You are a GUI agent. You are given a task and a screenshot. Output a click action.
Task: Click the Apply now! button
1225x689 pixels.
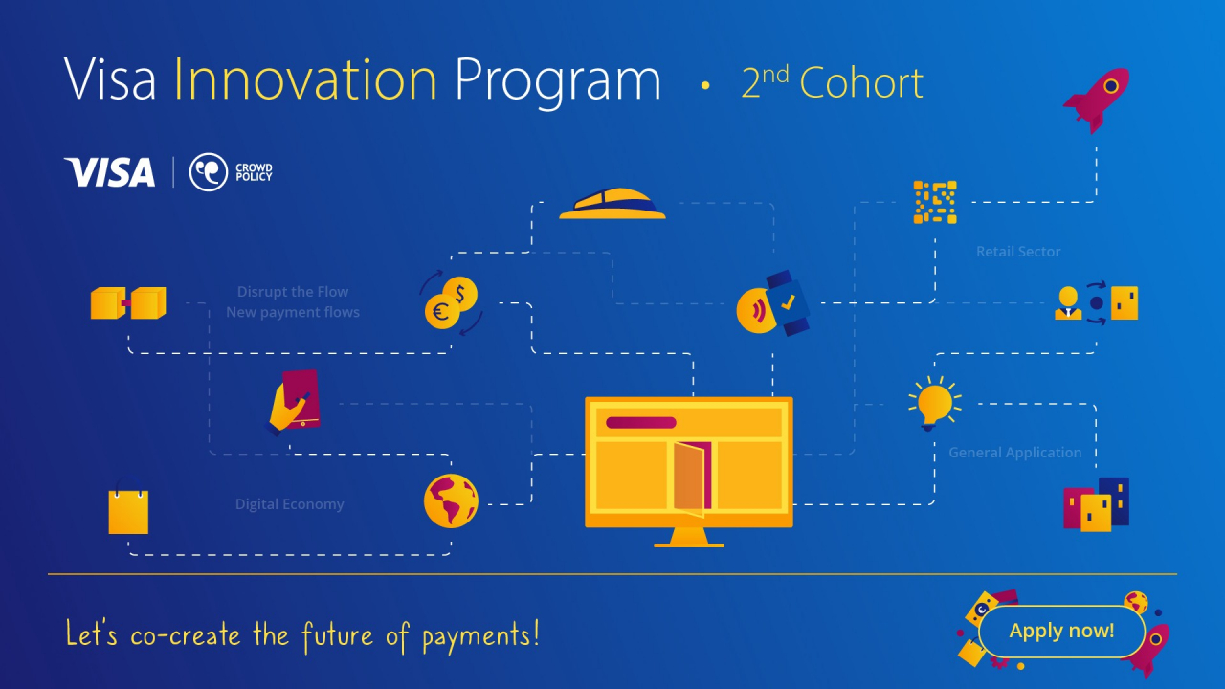point(1061,632)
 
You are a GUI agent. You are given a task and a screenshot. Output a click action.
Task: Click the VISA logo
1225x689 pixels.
point(109,172)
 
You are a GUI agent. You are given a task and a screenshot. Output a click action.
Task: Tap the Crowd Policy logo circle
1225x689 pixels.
point(208,172)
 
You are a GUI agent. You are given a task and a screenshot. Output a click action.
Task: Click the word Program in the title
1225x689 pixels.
point(557,81)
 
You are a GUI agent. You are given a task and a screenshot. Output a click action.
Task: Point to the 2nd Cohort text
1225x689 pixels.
point(832,83)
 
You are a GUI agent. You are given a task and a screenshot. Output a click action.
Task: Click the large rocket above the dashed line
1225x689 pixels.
point(1097,99)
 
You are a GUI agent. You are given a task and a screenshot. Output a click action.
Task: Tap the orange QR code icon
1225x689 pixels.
point(934,202)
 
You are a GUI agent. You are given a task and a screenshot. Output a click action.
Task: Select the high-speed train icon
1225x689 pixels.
point(612,204)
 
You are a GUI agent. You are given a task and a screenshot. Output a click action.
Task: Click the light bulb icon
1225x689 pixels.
point(934,402)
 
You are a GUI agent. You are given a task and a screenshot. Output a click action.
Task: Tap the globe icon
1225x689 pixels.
point(451,500)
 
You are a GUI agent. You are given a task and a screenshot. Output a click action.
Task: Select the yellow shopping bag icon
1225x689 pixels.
point(128,511)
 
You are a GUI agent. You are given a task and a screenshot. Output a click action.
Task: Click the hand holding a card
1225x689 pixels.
point(293,402)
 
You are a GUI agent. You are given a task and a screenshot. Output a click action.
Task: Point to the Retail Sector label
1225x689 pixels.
point(1018,252)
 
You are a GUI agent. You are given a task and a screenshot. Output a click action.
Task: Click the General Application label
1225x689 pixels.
point(1014,453)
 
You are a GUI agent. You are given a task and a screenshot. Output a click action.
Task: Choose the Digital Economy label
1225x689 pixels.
point(289,504)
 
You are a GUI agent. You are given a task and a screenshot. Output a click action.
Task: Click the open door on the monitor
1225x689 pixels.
point(692,477)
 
